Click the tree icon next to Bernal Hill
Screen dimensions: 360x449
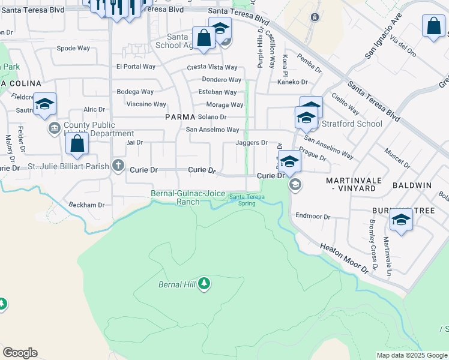204,283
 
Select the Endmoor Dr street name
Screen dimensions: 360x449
313,216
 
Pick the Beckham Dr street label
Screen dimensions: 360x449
86,205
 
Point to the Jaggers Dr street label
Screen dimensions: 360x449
252,143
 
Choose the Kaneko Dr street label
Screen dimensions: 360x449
292,82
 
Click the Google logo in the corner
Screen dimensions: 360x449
20,353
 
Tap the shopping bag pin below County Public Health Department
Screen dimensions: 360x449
77,145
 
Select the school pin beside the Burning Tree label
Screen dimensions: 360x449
400,220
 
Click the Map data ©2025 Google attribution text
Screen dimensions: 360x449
411,355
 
